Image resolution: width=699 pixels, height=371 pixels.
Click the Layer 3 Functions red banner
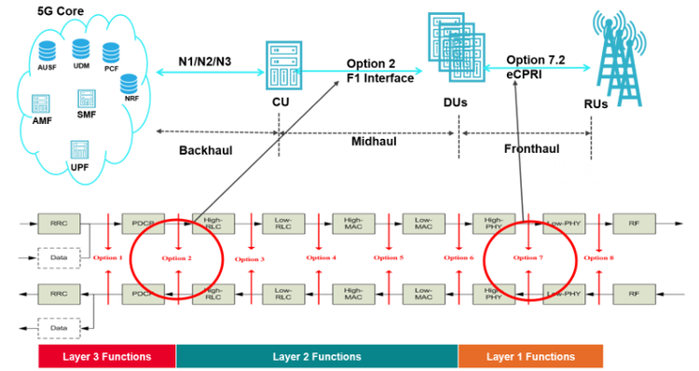pyautogui.click(x=106, y=356)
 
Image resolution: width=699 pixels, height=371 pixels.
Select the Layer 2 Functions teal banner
pyautogui.click(x=317, y=356)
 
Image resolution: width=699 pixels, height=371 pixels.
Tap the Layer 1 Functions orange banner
pyautogui.click(x=530, y=356)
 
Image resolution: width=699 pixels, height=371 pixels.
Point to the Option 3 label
pyautogui.click(x=250, y=258)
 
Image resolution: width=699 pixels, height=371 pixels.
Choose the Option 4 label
pyautogui.click(x=321, y=257)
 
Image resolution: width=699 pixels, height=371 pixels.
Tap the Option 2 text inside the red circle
pyautogui.click(x=176, y=257)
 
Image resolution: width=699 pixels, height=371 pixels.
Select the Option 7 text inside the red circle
pyautogui.click(x=528, y=257)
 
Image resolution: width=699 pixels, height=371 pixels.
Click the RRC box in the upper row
pyautogui.click(x=55, y=224)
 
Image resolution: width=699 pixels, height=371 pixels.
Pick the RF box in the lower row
pyautogui.click(x=634, y=295)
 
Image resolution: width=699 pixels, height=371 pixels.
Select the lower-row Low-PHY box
pyautogui.click(x=563, y=295)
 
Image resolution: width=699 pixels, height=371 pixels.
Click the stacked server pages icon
pyautogui.click(x=451, y=45)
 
